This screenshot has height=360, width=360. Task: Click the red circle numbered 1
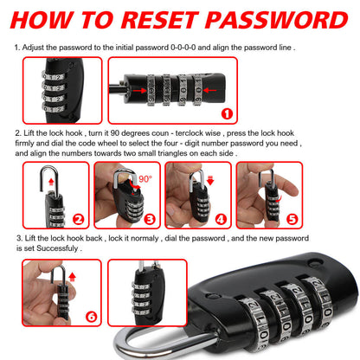[251, 113]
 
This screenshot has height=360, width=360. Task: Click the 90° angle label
[145, 178]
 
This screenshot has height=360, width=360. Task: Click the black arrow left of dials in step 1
[138, 89]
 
